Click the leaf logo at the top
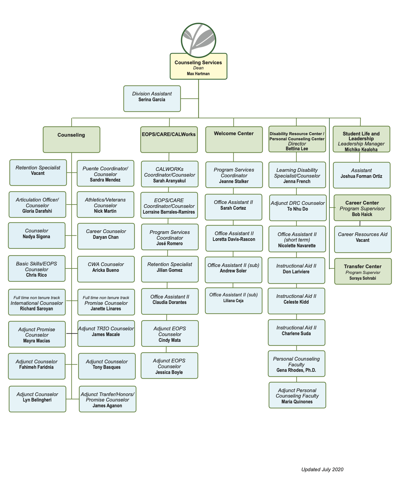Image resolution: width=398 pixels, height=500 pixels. pyautogui.click(x=198, y=40)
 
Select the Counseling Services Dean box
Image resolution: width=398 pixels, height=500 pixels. pyautogui.click(x=198, y=67)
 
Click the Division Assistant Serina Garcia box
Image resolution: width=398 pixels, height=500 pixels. pyautogui.click(x=152, y=98)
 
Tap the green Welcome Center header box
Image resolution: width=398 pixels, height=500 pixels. pyautogui.click(x=234, y=139)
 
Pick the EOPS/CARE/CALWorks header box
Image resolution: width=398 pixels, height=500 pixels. pyautogui.click(x=169, y=139)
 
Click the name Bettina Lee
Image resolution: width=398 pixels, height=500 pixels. pyautogui.click(x=297, y=149)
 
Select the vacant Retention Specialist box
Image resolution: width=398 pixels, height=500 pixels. pyautogui.click(x=38, y=172)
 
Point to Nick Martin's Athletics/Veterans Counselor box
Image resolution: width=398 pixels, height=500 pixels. pyautogui.click(x=105, y=205)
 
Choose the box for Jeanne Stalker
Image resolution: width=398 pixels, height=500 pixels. pyautogui.click(x=234, y=175)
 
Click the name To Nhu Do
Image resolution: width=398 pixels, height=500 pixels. pyautogui.click(x=297, y=209)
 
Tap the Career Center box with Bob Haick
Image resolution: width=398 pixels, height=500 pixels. pyautogui.click(x=362, y=208)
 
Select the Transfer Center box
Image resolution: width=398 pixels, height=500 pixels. pyautogui.click(x=363, y=271)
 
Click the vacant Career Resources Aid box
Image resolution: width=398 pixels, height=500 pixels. pyautogui.click(x=363, y=239)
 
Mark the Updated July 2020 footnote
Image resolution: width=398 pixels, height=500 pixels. pyautogui.click(x=322, y=469)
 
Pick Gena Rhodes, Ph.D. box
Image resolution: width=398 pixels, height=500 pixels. pyautogui.click(x=296, y=364)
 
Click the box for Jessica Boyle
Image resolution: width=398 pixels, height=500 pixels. pyautogui.click(x=169, y=365)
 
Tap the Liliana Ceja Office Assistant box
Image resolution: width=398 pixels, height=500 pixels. pyautogui.click(x=234, y=300)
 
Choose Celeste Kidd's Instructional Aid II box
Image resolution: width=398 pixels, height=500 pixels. pyautogui.click(x=296, y=301)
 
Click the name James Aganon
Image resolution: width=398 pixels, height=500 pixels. pyautogui.click(x=107, y=406)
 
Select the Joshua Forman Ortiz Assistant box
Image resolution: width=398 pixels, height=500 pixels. pyautogui.click(x=361, y=175)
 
